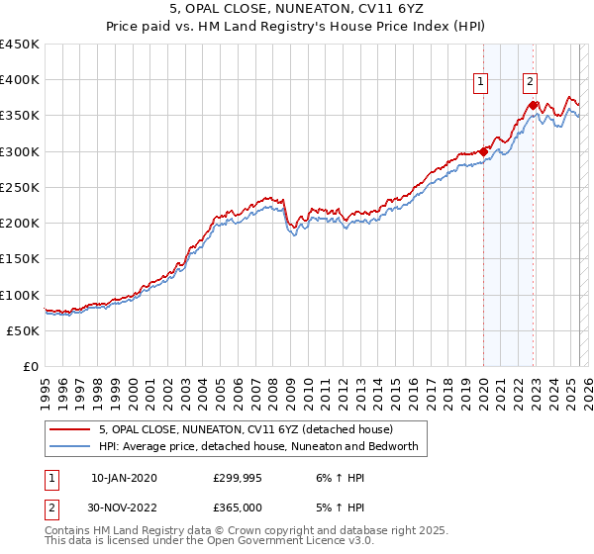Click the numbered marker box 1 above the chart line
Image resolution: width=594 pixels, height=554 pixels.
[481, 83]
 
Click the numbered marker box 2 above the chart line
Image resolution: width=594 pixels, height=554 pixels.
[531, 83]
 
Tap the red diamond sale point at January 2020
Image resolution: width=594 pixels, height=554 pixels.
[484, 151]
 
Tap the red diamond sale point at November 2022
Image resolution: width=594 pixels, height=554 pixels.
[534, 105]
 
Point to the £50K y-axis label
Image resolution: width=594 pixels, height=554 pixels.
[24, 331]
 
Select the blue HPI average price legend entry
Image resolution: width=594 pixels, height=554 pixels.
[258, 446]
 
